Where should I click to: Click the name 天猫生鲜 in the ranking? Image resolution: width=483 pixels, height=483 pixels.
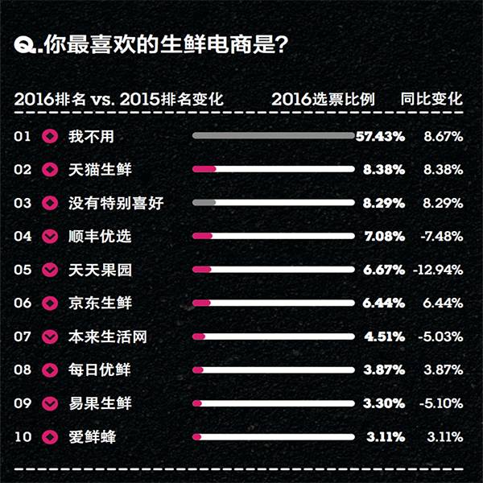[99, 170]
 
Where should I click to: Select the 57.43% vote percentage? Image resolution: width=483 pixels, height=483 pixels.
[379, 137]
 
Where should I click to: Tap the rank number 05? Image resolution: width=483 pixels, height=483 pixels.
[23, 270]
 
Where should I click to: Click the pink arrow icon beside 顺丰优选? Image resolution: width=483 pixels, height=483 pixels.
[51, 237]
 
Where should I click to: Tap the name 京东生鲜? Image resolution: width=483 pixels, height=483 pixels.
[99, 303]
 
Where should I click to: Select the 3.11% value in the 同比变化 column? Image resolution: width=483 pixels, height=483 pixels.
[444, 437]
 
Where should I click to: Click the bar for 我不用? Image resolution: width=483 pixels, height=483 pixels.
[273, 136]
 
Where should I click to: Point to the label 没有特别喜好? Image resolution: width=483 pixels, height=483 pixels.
[115, 204]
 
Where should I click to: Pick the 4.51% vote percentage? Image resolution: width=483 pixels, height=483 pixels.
[383, 336]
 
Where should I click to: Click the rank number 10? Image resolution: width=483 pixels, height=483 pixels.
[23, 437]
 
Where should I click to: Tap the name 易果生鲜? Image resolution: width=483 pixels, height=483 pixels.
[99, 403]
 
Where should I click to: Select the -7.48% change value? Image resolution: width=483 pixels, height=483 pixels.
[441, 237]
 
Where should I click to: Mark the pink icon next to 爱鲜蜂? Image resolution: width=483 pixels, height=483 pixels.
[51, 437]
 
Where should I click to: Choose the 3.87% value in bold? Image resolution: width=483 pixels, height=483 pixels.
[383, 370]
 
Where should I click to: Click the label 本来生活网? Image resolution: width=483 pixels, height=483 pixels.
[107, 336]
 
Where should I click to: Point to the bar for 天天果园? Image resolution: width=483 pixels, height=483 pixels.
[273, 270]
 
